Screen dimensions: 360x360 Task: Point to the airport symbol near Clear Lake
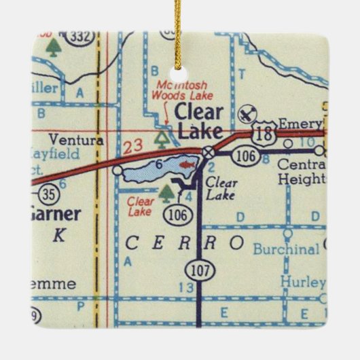coord(248,111)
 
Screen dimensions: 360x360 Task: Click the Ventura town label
coord(81,140)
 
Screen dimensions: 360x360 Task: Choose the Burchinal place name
coord(285,249)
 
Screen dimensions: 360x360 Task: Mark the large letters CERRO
coord(184,242)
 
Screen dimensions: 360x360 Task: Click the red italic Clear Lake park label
coord(140,205)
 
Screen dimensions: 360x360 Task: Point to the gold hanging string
coord(181,31)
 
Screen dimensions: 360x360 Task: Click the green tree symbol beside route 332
coord(52,46)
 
